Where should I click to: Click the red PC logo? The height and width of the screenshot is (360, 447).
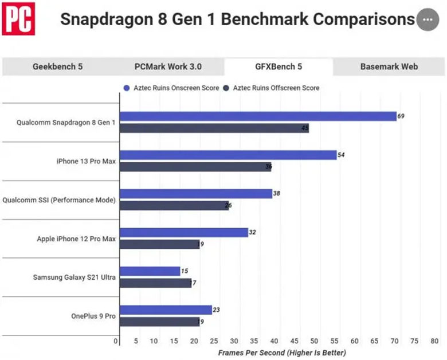pyautogui.click(x=18, y=19)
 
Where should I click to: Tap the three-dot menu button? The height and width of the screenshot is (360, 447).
pyautogui.click(x=426, y=19)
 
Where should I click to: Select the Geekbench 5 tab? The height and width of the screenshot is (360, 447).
pyautogui.click(x=57, y=66)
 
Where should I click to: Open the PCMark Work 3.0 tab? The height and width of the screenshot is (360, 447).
pyautogui.click(x=168, y=66)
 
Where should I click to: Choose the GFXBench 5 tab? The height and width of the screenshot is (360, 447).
pyautogui.click(x=279, y=66)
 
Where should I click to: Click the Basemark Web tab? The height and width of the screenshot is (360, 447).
pyautogui.click(x=389, y=66)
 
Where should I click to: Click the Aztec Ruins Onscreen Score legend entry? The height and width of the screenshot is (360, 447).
pyautogui.click(x=171, y=88)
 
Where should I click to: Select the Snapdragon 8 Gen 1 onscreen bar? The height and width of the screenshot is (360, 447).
pyautogui.click(x=258, y=116)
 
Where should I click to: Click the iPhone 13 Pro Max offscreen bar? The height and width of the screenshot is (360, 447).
pyautogui.click(x=195, y=167)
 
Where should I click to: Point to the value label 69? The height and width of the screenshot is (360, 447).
pyautogui.click(x=401, y=116)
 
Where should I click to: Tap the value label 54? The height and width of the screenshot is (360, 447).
pyautogui.click(x=341, y=155)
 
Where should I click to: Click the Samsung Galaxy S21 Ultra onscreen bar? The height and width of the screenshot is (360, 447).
pyautogui.click(x=150, y=271)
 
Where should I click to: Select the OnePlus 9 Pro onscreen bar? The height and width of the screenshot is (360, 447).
pyautogui.click(x=166, y=310)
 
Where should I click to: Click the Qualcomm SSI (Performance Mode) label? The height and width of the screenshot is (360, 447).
pyautogui.click(x=59, y=200)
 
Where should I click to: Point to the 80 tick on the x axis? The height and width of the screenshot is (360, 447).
pyautogui.click(x=434, y=341)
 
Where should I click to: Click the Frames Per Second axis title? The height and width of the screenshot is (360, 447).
pyautogui.click(x=281, y=353)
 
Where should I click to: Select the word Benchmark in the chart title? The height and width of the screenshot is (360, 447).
pyautogui.click(x=265, y=19)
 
